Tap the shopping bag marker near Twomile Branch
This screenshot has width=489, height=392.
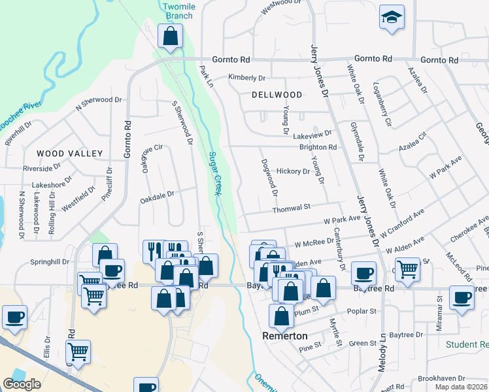170,37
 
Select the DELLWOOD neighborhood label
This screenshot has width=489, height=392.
277,95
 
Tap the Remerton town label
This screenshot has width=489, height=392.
284,336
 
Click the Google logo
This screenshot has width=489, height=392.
22,384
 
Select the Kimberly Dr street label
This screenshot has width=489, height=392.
246,77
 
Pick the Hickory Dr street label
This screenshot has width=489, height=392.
293,171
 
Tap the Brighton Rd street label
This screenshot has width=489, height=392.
318,148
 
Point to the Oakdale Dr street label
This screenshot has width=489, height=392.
156,194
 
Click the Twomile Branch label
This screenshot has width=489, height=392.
178,11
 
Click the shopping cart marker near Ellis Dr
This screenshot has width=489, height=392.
78,351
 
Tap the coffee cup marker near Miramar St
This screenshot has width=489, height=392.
462,297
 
